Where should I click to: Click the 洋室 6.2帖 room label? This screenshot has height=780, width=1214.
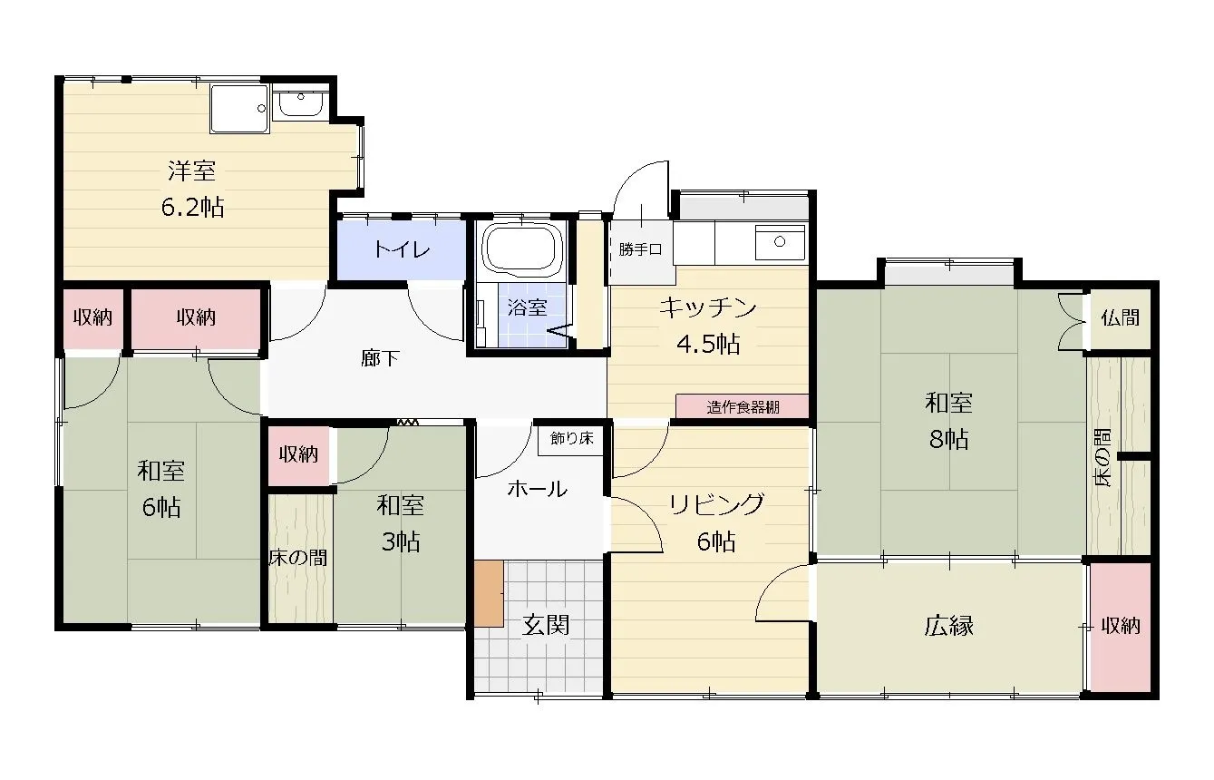pyautogui.click(x=191, y=189)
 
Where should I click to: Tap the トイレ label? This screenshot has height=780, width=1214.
pyautogui.click(x=402, y=249)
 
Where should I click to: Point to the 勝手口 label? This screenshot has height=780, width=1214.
pyautogui.click(x=641, y=249)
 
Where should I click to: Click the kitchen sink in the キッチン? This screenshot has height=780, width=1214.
pyautogui.click(x=780, y=241)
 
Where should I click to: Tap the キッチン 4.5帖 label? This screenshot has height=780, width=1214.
pyautogui.click(x=707, y=325)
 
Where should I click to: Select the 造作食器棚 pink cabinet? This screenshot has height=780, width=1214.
pyautogui.click(x=743, y=407)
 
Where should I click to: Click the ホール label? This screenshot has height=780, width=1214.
pyautogui.click(x=537, y=489)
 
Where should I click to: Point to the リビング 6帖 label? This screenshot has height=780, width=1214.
pyautogui.click(x=716, y=522)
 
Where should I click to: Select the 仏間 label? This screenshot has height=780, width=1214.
pyautogui.click(x=1121, y=318)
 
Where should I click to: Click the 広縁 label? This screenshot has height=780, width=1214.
pyautogui.click(x=949, y=625)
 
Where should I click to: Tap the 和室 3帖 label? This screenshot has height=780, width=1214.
pyautogui.click(x=400, y=523)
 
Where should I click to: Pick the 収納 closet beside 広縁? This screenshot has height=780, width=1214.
pyautogui.click(x=1121, y=626)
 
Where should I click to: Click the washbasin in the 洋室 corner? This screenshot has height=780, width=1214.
pyautogui.click(x=298, y=103)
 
